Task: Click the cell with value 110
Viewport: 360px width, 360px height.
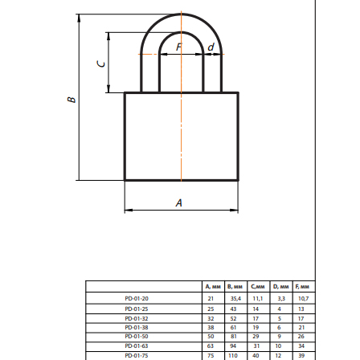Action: tap(233, 352)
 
